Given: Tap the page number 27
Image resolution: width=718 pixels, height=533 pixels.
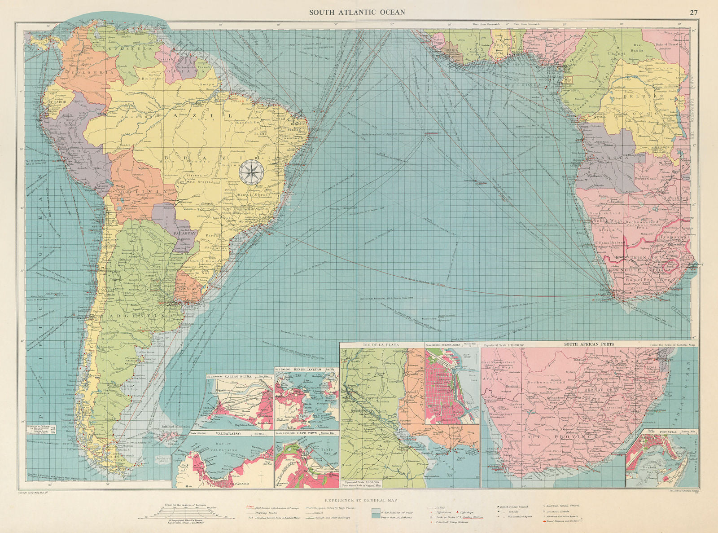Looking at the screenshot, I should coord(693,13).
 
